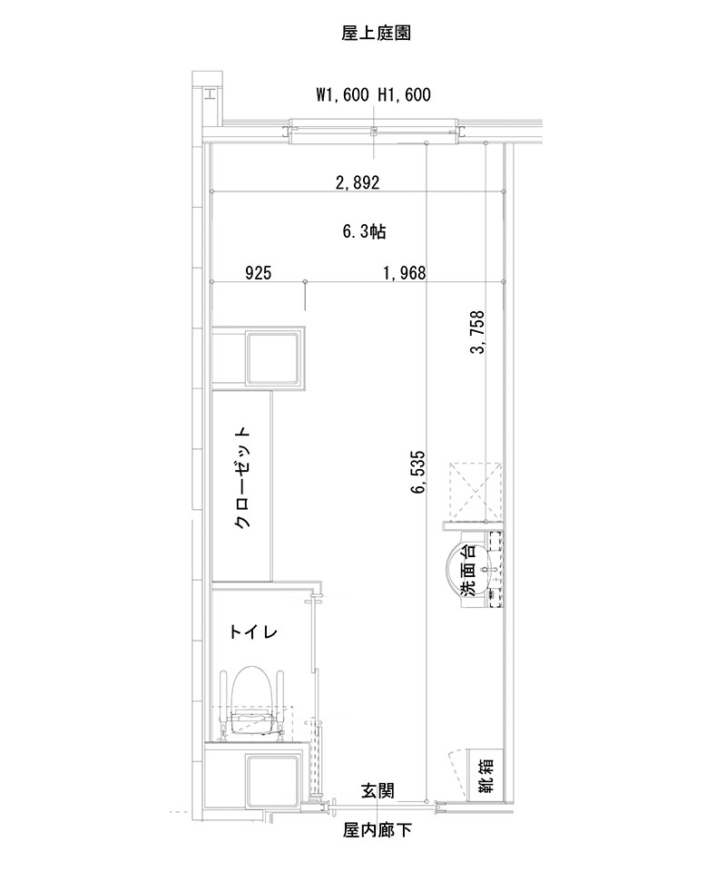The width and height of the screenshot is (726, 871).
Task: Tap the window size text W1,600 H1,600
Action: (372, 94)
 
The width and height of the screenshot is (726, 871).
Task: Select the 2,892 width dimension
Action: (357, 182)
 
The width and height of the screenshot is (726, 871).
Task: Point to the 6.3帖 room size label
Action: (364, 231)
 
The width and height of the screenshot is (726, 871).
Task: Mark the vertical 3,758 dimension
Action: (477, 336)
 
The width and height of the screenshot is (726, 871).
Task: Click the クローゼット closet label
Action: (242, 478)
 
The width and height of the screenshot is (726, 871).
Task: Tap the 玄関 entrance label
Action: (377, 791)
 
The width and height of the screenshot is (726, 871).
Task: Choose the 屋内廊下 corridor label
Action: (377, 830)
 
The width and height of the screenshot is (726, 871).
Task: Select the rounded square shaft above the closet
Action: (275, 358)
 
